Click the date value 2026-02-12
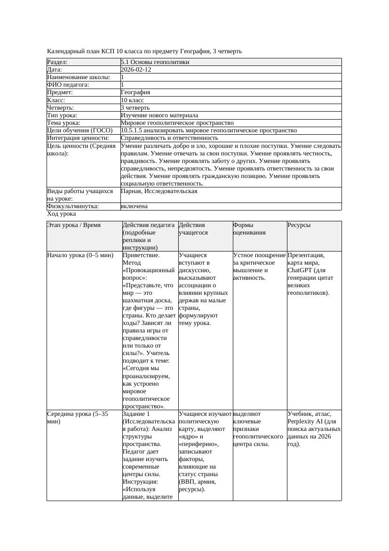click(136, 69)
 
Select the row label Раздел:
click(57, 62)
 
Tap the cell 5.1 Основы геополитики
click(155, 62)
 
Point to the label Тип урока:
click(62, 115)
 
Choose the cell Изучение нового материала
click(159, 115)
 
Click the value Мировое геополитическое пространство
click(177, 122)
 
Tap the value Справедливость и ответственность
click(169, 138)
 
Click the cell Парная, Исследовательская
click(159, 191)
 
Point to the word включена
click(134, 206)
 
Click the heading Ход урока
click(61, 214)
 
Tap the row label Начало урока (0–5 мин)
click(80, 255)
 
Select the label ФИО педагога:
click(68, 85)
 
